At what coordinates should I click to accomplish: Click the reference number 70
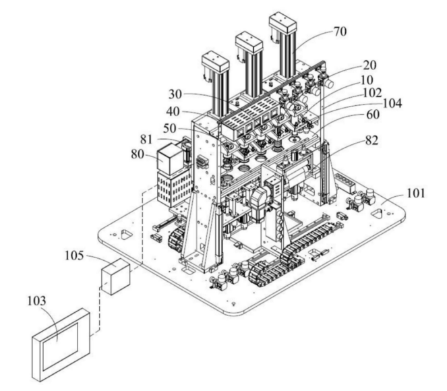[340, 32]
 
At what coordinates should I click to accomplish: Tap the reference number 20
[369, 65]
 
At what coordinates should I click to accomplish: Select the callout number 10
[367, 80]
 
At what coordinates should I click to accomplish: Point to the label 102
[372, 92]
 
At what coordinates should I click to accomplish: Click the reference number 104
[392, 103]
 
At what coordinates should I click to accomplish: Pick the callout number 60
[373, 115]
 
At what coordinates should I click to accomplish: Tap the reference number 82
[371, 140]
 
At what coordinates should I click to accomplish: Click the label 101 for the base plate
[415, 193]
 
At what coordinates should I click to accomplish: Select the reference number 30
[175, 94]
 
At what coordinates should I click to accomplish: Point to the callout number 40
[173, 112]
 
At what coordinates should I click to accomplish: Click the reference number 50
[170, 129]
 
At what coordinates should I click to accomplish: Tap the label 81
[146, 140]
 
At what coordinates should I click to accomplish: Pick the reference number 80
[138, 154]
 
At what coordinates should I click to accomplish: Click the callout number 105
[74, 255]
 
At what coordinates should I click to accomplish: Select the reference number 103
[36, 301]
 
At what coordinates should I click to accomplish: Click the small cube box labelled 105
[116, 276]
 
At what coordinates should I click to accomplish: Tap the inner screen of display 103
[61, 346]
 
